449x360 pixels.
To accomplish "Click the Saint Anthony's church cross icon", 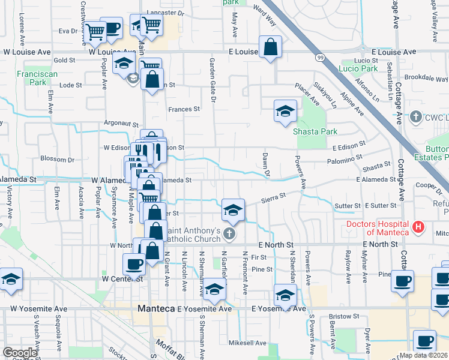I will click(229, 233).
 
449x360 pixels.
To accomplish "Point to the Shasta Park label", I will click(315, 131).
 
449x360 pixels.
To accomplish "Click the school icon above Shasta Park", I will click(285, 110).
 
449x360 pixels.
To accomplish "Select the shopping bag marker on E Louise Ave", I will click(271, 47).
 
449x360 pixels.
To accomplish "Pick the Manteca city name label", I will click(155, 308).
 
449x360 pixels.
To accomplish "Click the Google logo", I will click(19, 353).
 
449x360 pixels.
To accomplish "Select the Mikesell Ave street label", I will click(247, 343).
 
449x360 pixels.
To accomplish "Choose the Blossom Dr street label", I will click(58, 160).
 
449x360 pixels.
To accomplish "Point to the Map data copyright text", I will click(424, 355).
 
